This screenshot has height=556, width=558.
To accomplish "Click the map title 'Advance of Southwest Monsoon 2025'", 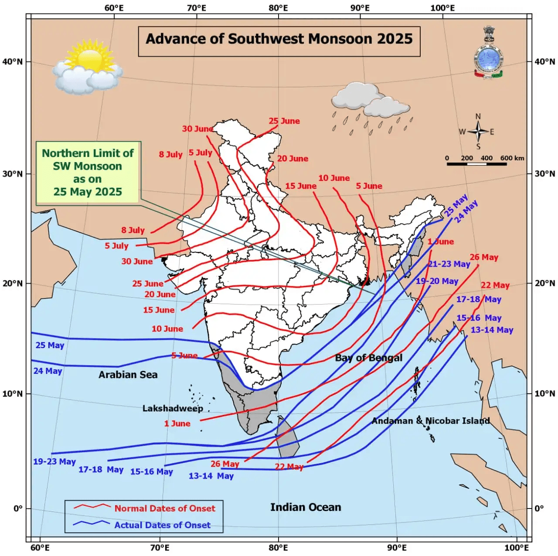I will pyautogui.click(x=279, y=39).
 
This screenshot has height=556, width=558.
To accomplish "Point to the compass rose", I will pyautogui.click(x=478, y=132).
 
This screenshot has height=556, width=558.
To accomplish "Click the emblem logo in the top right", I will pyautogui.click(x=488, y=52).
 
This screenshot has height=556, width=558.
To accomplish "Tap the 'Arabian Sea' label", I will pyautogui.click(x=128, y=375).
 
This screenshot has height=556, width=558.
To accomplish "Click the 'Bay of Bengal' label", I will pyautogui.click(x=368, y=358).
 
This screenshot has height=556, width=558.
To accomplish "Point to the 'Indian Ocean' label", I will pyautogui.click(x=306, y=507).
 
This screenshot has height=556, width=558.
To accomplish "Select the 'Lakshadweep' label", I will pyautogui.click(x=173, y=409).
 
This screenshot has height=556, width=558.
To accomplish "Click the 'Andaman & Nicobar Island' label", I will pyautogui.click(x=430, y=421).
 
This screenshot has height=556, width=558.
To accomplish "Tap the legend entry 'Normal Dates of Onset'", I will pyautogui.click(x=165, y=509).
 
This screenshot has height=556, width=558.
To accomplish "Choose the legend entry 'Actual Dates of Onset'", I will pyautogui.click(x=162, y=525).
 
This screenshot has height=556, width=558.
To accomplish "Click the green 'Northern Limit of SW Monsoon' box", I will pyautogui.click(x=88, y=173).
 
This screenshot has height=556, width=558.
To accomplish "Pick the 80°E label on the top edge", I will pyautogui.click(x=278, y=8).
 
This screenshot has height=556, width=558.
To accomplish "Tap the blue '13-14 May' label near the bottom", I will pyautogui.click(x=211, y=476).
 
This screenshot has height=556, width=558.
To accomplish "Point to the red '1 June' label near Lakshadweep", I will pyautogui.click(x=177, y=424).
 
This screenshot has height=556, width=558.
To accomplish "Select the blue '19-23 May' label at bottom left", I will pyautogui.click(x=54, y=461).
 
